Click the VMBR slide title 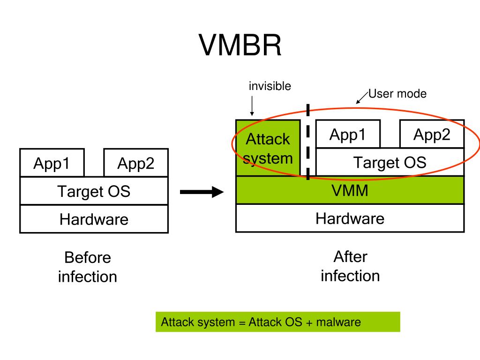tap(240, 45)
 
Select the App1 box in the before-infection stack tap(52, 163)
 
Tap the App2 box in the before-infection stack tap(136, 163)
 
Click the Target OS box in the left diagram tap(94, 191)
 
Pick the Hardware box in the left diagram tap(94, 219)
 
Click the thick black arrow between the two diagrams tap(202, 192)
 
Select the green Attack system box tap(268, 148)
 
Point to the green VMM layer tap(350, 190)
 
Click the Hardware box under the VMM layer tap(350, 218)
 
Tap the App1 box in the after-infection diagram tap(348, 134)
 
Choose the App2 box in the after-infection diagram tap(432, 134)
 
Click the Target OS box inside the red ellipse tap(390, 162)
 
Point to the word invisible tap(270, 86)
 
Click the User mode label tap(397, 94)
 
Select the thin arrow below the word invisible tap(252, 106)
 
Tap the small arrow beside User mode tap(362, 97)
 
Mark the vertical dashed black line tap(308, 142)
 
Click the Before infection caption tap(88, 267)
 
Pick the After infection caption tap(350, 266)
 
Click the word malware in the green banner tap(338, 322)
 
